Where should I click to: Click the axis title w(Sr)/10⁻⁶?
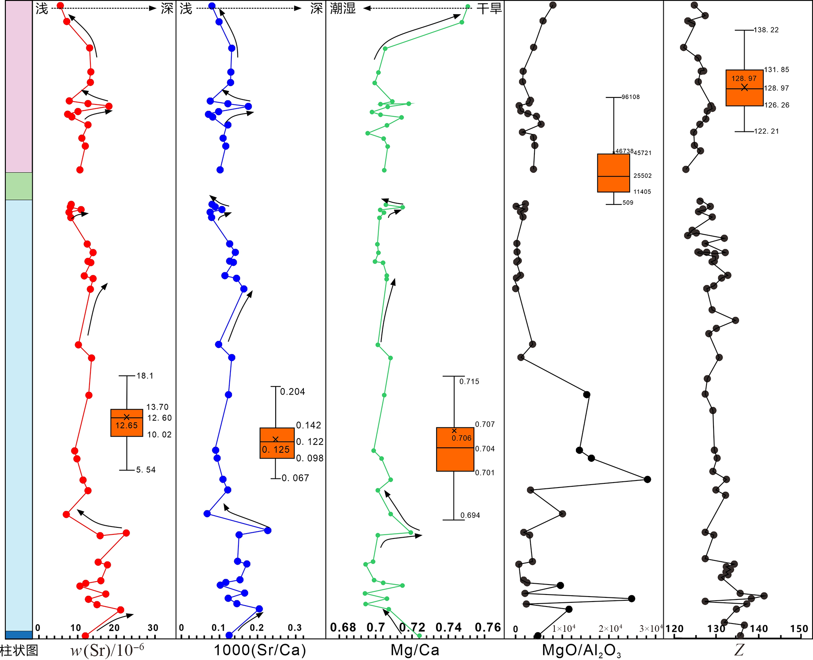pos(107,650)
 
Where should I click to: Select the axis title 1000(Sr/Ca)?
pos(260,650)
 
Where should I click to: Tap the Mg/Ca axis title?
pos(415,650)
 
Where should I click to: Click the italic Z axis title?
pos(739,650)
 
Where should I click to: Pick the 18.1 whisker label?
pos(145,376)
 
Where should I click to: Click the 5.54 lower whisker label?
pos(146,470)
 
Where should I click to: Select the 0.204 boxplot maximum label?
pos(293,392)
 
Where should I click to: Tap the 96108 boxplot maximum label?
pos(631,97)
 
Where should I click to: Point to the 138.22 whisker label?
pos(766,30)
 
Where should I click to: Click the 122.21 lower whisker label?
pos(767,131)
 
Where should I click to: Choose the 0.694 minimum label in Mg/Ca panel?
pos(470,515)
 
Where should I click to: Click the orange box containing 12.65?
pos(127,423)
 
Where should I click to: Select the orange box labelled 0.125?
pos(277,443)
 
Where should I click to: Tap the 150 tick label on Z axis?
pos(799,629)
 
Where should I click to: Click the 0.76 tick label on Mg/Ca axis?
pos(488,628)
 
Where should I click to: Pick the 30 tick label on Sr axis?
pos(153,628)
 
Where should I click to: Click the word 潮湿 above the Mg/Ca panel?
pos(343,8)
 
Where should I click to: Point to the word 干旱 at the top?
pos(489,8)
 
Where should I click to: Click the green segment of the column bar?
pos(19,186)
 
